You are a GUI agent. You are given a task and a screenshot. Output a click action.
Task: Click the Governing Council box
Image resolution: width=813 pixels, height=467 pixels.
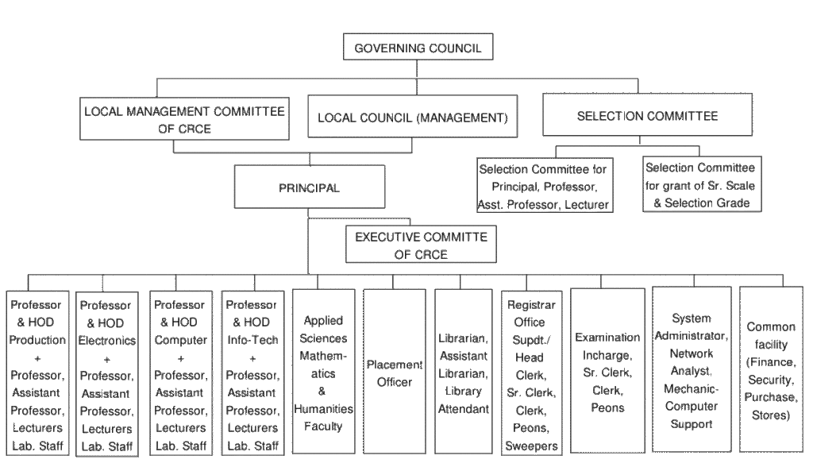[417, 48]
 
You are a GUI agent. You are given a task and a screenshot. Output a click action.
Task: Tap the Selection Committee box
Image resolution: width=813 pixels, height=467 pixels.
[647, 116]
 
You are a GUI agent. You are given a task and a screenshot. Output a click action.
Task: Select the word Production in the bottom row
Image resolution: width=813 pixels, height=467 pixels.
[37, 340]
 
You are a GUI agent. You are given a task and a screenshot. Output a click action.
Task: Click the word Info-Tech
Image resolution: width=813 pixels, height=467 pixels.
[251, 340]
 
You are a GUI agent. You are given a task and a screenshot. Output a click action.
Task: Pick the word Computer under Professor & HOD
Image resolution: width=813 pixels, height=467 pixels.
[179, 340]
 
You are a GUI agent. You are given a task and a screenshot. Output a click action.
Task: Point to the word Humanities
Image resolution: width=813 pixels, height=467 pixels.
[323, 410]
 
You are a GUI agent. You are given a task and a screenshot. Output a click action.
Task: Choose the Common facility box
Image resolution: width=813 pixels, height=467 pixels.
[766, 371]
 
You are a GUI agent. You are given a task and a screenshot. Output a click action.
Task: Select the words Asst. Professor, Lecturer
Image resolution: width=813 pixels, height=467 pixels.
[545, 203]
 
